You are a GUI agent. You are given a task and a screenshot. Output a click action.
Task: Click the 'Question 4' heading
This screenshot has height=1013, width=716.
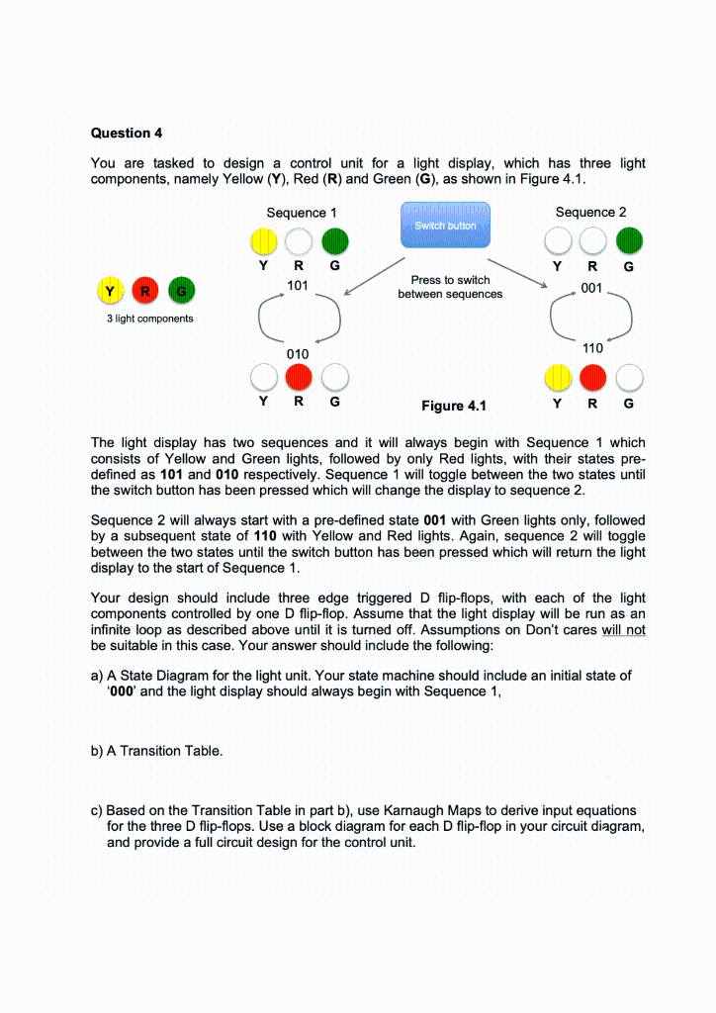click(120, 133)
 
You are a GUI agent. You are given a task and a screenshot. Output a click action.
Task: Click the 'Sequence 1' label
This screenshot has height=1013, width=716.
click(302, 213)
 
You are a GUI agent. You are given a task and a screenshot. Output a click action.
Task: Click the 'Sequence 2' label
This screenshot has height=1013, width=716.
click(590, 212)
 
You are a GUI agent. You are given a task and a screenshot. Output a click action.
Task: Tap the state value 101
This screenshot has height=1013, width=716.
click(299, 286)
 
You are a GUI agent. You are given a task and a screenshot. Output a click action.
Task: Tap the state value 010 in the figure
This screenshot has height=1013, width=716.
click(298, 353)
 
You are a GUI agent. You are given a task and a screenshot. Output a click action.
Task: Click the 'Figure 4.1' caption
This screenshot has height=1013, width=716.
click(453, 406)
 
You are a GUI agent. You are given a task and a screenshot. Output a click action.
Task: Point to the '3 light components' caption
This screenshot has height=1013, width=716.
click(149, 319)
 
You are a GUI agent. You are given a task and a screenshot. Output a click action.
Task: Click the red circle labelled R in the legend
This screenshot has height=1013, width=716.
click(145, 291)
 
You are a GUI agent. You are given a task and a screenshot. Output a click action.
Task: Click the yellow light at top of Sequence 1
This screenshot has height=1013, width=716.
click(263, 241)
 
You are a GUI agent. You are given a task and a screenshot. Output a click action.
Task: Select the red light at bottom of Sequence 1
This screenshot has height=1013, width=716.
click(299, 378)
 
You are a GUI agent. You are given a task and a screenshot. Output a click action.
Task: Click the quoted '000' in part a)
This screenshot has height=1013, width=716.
click(123, 691)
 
